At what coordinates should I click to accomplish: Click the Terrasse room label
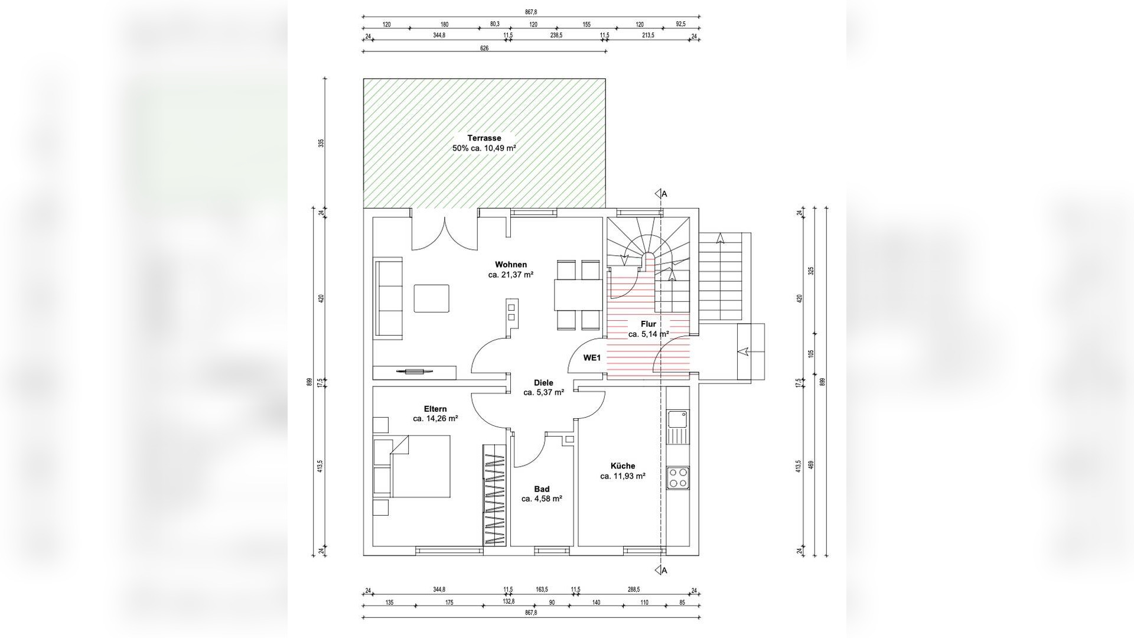[484, 138]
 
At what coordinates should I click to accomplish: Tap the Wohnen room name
[511, 265]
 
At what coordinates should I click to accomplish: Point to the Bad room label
[542, 489]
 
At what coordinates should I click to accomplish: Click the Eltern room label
[435, 409]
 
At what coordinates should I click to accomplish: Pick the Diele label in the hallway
[543, 383]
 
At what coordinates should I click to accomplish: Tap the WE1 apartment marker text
[592, 357]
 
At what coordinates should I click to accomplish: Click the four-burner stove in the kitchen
[677, 477]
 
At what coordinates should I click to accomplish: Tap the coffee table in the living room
[431, 298]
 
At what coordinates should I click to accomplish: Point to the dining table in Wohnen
[578, 294]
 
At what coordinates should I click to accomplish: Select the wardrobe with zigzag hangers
[495, 494]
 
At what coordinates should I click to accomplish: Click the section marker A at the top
[661, 194]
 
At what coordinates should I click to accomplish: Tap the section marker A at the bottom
[661, 570]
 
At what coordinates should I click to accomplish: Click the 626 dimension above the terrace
[484, 48]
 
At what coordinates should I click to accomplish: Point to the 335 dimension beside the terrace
[321, 143]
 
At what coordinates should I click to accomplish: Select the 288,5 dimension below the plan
[634, 590]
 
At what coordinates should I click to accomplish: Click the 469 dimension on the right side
[811, 466]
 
